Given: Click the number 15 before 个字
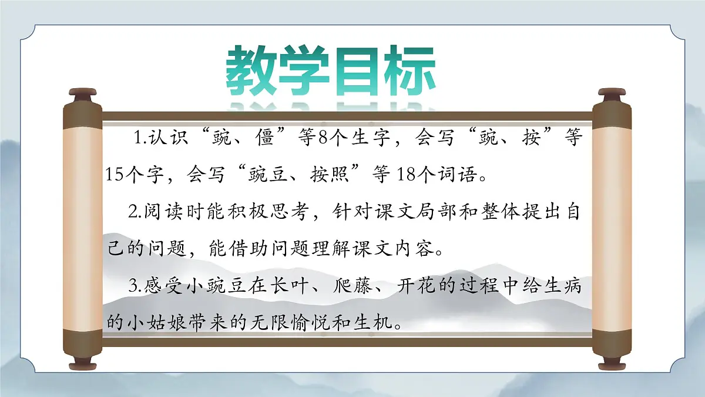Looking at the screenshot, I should [x=115, y=174].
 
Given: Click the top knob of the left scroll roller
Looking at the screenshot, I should [x=82, y=93].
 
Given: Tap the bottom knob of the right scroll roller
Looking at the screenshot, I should [x=611, y=365].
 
